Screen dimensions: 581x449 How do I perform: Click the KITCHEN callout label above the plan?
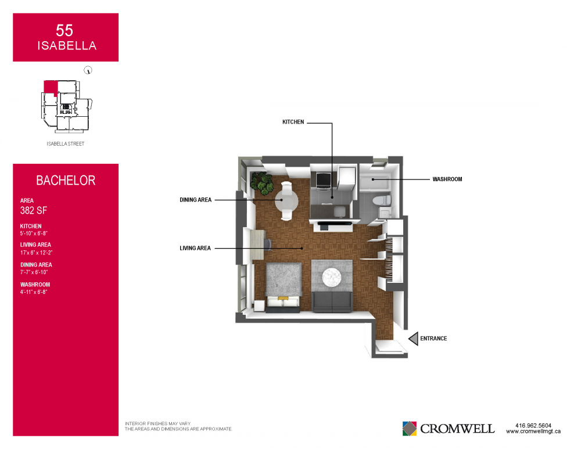tap(293, 122)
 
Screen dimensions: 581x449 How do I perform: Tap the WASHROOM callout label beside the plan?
tap(447, 179)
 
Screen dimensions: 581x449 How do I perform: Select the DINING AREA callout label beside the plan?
tap(196, 200)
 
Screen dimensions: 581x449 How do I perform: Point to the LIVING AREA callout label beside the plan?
tap(195, 248)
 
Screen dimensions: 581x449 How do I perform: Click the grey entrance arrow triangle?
tap(413, 339)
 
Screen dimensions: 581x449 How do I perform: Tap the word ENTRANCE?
tap(433, 339)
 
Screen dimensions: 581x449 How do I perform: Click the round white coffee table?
tap(331, 278)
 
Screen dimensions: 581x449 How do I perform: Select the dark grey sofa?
tap(332, 302)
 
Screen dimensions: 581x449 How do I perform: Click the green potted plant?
tap(262, 183)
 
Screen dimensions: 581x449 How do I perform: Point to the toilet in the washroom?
tap(382, 200)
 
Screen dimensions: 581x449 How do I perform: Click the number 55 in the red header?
tap(64, 30)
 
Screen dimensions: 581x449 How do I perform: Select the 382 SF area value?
tap(33, 210)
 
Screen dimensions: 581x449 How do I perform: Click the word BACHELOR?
tap(66, 181)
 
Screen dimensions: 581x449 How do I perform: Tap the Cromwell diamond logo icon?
tap(410, 429)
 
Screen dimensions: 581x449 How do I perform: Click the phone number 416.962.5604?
tap(533, 426)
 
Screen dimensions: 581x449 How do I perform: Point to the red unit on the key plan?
tap(51, 88)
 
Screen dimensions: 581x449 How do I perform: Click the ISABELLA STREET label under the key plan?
tap(66, 143)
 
